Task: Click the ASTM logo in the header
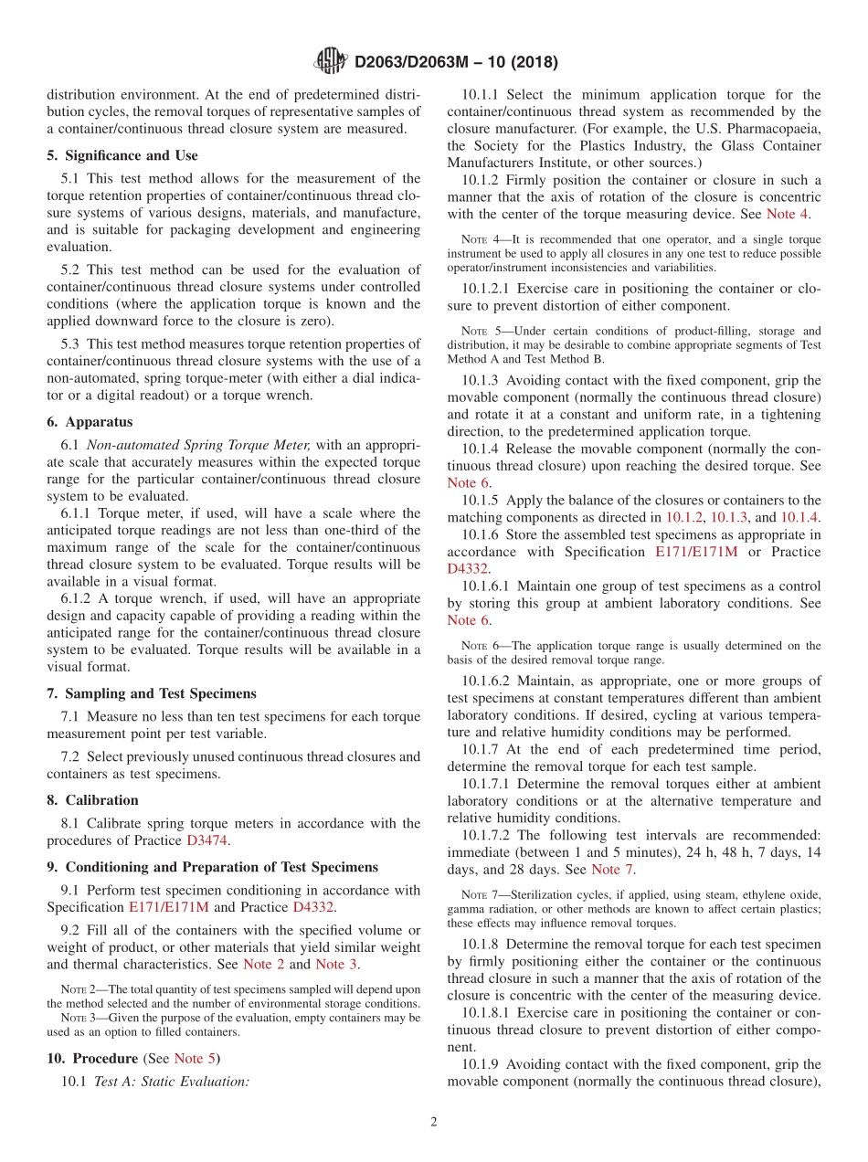(x=330, y=61)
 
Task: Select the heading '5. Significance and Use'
(x=122, y=155)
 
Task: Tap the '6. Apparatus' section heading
(x=90, y=422)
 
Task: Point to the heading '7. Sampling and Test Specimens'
(x=151, y=693)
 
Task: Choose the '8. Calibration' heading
(x=92, y=800)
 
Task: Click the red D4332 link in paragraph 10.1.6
(x=468, y=568)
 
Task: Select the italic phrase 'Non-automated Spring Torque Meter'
(x=203, y=445)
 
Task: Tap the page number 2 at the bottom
(x=434, y=1123)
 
